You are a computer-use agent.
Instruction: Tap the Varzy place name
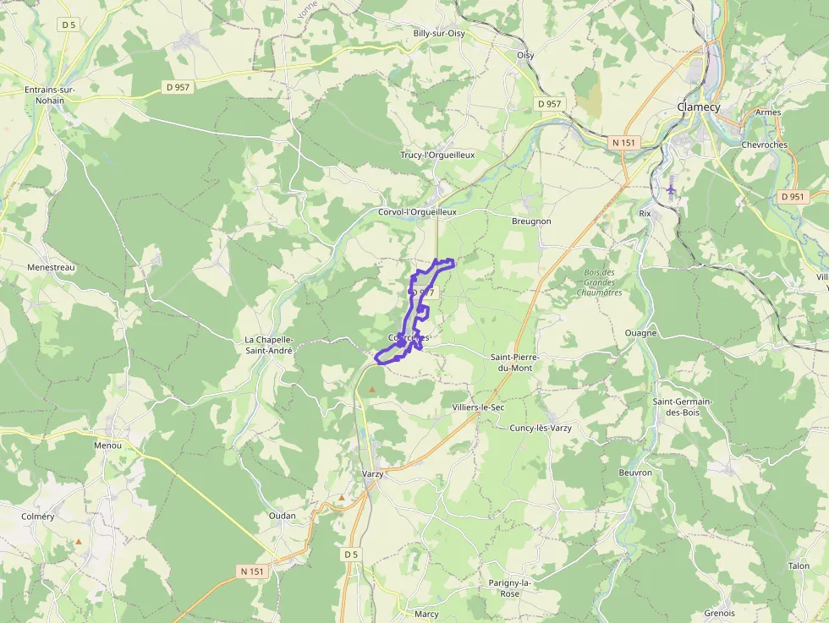click(x=372, y=474)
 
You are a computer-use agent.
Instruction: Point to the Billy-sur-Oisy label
click(x=439, y=33)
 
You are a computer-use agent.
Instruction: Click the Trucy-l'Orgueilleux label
click(x=437, y=156)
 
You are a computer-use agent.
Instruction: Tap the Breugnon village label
click(x=531, y=221)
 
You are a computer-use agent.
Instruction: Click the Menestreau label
click(x=52, y=267)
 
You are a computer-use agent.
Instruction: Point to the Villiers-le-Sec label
click(x=478, y=407)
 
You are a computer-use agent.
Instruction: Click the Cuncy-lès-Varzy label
click(x=541, y=429)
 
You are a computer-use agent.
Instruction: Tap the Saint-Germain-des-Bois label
click(x=683, y=407)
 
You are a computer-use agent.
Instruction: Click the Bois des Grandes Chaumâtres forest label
click(x=599, y=282)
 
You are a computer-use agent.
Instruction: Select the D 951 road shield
click(x=792, y=196)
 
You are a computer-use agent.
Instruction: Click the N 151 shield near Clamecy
click(x=623, y=143)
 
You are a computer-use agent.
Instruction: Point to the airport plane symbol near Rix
click(x=672, y=188)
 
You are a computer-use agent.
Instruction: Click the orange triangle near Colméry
click(x=79, y=541)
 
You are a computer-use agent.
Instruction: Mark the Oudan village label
click(x=282, y=516)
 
